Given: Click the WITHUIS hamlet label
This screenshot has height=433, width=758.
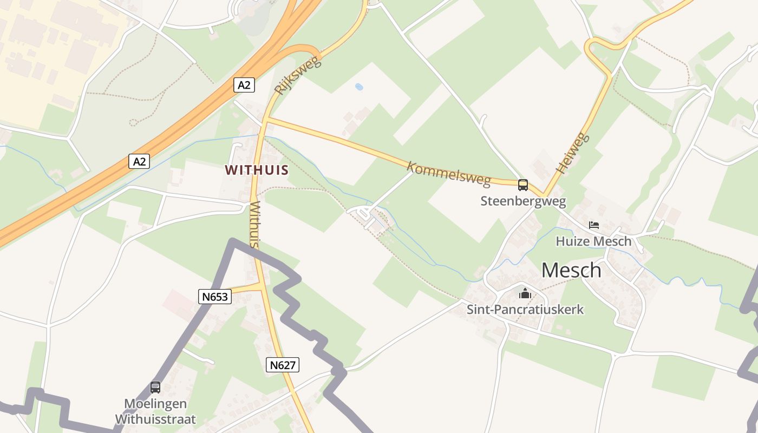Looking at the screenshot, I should [257, 170].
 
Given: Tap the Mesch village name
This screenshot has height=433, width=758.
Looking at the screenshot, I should [571, 270].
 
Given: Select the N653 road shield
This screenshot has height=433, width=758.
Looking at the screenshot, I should [215, 296].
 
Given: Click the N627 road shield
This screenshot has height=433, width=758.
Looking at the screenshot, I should [283, 365].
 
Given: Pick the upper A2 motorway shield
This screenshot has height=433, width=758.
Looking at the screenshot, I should [244, 85].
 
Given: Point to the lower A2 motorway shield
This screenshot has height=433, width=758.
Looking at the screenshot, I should [139, 161].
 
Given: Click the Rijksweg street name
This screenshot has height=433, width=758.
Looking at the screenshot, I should [298, 75].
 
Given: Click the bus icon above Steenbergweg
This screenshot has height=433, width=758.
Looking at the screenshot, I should [523, 185].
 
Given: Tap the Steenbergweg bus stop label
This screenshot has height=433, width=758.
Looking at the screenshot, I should [523, 201].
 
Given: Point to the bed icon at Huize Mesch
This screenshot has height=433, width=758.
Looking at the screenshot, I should [594, 225].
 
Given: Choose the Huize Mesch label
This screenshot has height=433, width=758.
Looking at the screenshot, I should [594, 241].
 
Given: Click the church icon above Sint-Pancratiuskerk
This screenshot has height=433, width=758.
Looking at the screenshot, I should [525, 294].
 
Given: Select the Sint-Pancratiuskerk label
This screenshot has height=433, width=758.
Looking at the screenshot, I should [525, 310].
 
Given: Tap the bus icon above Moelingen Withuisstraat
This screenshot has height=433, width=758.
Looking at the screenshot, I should [155, 387].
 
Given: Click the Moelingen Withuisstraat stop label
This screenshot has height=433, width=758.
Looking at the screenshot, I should [155, 411].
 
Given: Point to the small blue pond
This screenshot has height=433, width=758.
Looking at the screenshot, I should [358, 86].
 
